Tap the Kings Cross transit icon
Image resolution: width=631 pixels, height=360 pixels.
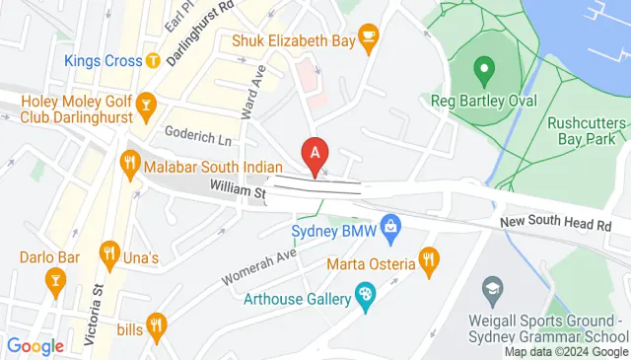click(x=153, y=61)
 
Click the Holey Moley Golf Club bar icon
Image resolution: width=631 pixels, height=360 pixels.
click(x=146, y=104)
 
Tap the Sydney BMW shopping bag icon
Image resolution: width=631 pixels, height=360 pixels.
click(x=390, y=228)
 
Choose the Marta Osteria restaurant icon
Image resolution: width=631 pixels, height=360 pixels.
click(x=427, y=261)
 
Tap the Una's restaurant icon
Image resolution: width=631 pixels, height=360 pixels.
click(x=109, y=258)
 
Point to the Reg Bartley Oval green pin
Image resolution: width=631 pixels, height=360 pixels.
click(x=483, y=70)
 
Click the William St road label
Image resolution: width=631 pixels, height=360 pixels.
click(x=238, y=187)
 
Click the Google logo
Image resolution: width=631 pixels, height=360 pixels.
click(x=35, y=345)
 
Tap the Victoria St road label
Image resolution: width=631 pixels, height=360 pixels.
click(x=96, y=321)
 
